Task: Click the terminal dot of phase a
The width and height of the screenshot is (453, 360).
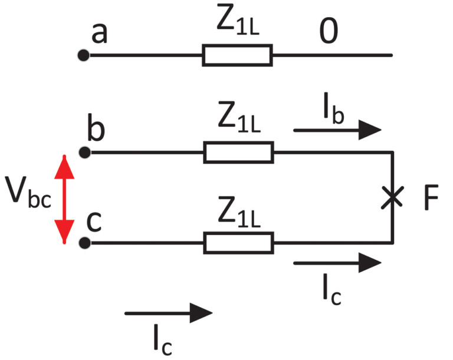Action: [84, 56]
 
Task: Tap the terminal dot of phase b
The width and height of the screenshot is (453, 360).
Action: [84, 153]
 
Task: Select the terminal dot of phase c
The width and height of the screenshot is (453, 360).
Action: [84, 242]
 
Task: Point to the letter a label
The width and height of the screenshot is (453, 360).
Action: [99, 34]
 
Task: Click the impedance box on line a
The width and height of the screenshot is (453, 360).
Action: [237, 55]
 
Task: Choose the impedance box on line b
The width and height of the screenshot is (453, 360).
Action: [238, 152]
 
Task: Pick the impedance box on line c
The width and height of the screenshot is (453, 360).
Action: [238, 242]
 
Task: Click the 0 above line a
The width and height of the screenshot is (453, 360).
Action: [329, 34]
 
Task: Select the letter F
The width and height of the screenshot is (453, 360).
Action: [431, 200]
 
